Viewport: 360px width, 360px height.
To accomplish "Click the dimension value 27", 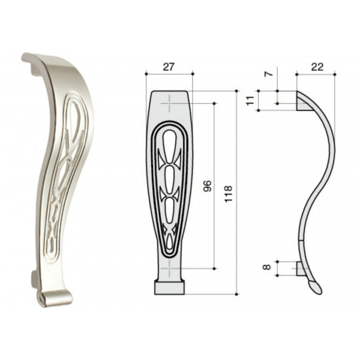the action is point(169,67).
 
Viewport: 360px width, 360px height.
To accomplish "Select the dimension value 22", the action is point(317,67).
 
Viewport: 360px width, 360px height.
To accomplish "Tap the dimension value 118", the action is point(229,194).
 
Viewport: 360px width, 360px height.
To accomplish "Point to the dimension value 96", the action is point(207,186).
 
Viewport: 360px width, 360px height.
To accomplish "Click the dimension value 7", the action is point(269,74).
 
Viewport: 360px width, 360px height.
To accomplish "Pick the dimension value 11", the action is point(250,101).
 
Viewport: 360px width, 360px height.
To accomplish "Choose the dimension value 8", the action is point(266,267).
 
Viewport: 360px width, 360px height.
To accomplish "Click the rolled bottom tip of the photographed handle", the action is point(55,298).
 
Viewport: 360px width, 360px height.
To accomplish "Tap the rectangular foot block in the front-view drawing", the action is point(170,288).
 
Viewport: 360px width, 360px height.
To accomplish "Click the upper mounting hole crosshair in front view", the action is point(169,104).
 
